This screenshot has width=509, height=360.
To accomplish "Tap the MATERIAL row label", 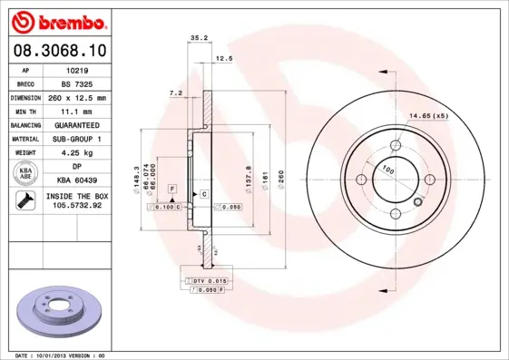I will click(26, 139).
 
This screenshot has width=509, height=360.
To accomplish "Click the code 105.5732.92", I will click(77, 207).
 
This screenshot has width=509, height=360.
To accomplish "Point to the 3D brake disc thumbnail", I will click(57, 311).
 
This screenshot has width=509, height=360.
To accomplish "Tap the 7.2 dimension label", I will click(176, 92).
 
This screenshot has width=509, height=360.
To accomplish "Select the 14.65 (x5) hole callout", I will click(429, 115).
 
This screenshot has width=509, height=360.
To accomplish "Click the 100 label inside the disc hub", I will click(387, 170).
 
